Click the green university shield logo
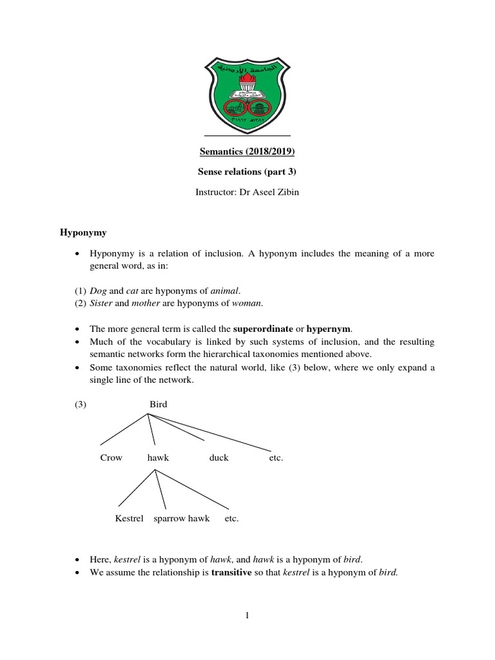coord(247,94)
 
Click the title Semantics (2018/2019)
coord(247,153)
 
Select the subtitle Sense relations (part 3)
coord(247,172)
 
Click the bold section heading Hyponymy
coord(83,233)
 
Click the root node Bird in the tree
coord(158,404)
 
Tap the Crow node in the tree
coord(111,458)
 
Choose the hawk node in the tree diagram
coord(158,458)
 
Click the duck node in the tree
coord(218,458)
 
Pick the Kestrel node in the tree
coord(129,518)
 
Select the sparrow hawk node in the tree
coord(182,518)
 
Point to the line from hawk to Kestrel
coord(137,487)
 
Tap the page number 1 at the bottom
coord(247,616)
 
